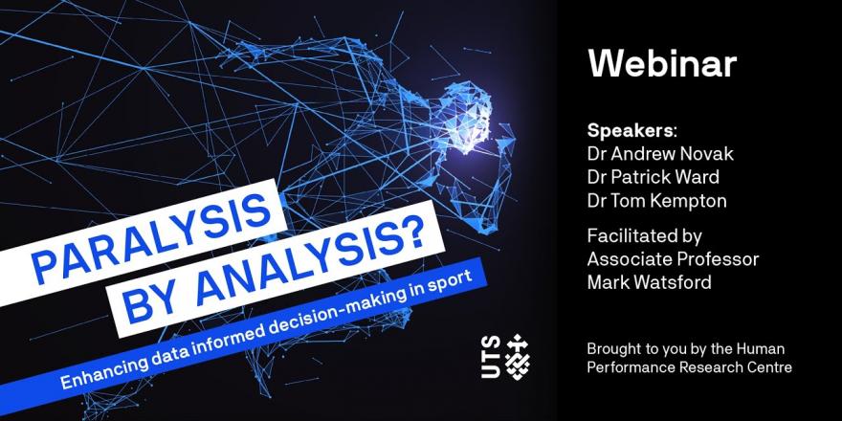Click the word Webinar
(662, 64)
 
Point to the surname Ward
(696, 177)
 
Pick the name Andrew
(633, 154)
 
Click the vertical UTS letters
(492, 358)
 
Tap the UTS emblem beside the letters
(519, 357)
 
